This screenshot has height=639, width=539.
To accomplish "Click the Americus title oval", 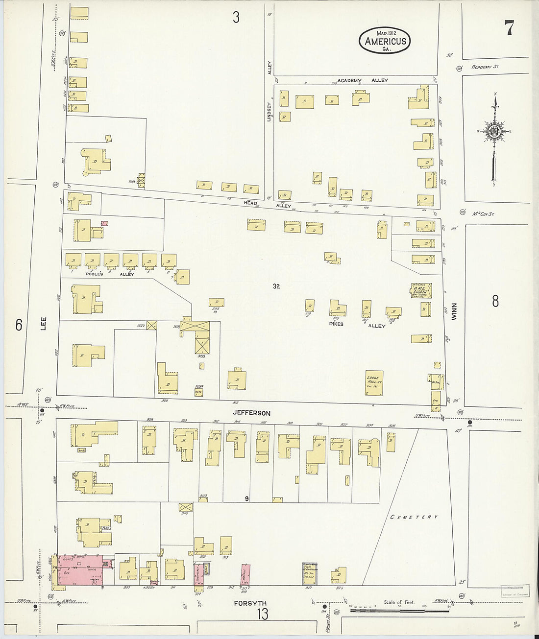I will point(385,40).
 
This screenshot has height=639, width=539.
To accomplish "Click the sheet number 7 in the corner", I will point(509,28).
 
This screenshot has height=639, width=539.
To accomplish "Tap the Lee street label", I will point(43,324).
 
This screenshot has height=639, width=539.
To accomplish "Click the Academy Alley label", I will point(363,80).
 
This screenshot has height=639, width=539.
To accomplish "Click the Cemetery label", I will point(414,517).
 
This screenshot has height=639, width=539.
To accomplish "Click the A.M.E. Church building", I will point(421,290).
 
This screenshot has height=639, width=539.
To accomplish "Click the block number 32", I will point(276,286).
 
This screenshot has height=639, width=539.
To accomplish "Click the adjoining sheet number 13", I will point(263,614).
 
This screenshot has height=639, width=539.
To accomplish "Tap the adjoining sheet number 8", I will point(495,301).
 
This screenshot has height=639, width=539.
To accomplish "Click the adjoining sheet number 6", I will point(19,325).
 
